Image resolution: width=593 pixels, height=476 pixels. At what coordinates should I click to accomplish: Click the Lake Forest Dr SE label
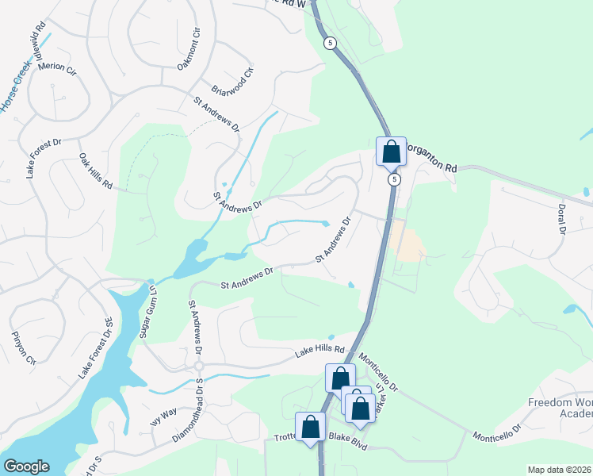pyautogui.click(x=94, y=347)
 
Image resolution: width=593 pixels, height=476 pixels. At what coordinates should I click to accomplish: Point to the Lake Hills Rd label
pyautogui.click(x=321, y=350)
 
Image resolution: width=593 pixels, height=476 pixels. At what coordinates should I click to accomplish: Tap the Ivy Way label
pyautogui.click(x=163, y=416)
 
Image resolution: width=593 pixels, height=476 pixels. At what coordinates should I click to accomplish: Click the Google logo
pyautogui.click(x=26, y=466)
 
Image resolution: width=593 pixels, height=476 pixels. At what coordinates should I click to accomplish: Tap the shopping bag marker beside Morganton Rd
pyautogui.click(x=391, y=151)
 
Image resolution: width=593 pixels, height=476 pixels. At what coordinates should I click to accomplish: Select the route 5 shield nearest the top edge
pyautogui.click(x=331, y=41)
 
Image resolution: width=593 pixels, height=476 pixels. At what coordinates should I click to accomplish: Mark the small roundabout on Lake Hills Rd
pyautogui.click(x=199, y=366)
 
